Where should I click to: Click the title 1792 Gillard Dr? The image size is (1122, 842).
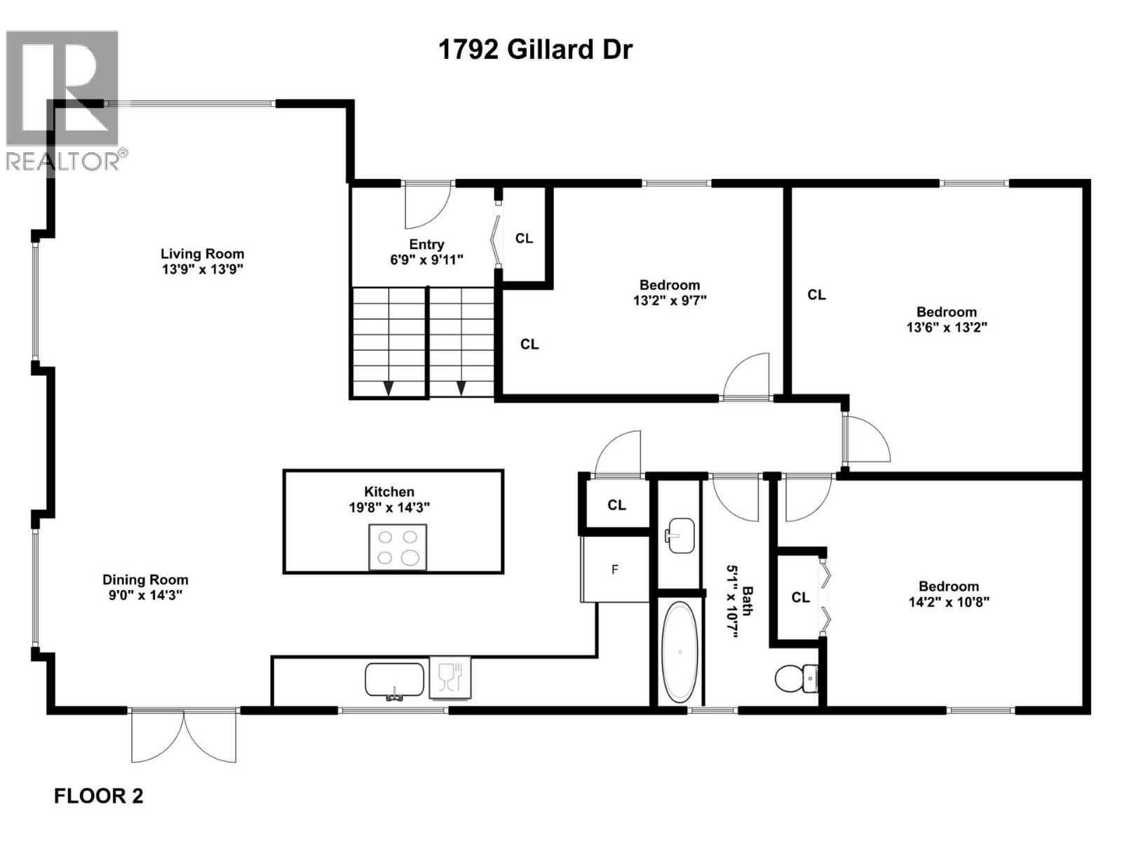[x=535, y=50]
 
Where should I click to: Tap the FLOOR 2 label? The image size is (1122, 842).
[x=99, y=796]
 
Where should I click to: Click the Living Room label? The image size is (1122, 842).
[x=202, y=254]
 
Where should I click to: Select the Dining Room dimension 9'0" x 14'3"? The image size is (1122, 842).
[x=145, y=595]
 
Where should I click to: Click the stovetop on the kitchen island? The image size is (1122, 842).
[x=398, y=547]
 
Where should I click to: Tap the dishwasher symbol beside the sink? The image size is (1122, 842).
[x=449, y=678]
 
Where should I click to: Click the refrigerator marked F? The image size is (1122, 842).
[x=615, y=569]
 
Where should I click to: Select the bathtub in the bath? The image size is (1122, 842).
[x=680, y=652]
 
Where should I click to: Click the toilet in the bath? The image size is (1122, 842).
[x=796, y=679]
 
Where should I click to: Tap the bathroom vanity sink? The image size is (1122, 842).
[x=680, y=536]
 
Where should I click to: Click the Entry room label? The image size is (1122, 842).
[x=426, y=244]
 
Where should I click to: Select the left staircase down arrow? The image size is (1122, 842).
[x=388, y=387]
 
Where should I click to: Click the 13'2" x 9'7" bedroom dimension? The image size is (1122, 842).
[x=669, y=300]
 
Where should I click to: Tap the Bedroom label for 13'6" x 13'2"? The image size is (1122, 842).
[x=946, y=312]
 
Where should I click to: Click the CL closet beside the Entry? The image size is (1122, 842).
[x=524, y=239]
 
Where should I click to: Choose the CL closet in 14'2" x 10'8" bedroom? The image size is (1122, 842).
[x=800, y=597]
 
